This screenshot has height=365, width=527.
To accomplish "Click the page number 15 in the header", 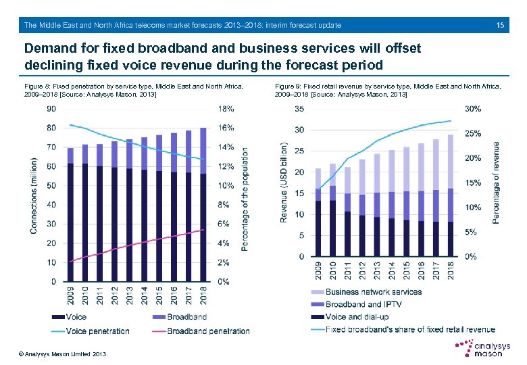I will pos(500,25).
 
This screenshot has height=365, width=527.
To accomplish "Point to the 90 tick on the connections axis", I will pos(51,108).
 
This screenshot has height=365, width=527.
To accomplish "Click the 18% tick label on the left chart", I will pos(226,108).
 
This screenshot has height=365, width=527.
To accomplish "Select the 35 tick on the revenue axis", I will pos(300,109).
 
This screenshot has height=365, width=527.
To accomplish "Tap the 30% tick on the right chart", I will pos(474,109).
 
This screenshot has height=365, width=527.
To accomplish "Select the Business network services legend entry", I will pos(373,292).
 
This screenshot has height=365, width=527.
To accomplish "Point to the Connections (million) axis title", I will pos(34,196).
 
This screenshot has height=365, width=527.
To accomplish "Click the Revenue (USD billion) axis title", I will pos(284,182).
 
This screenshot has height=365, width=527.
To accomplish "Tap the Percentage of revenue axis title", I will pos(497,182).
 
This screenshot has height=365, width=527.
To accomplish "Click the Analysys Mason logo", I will pos(480,347).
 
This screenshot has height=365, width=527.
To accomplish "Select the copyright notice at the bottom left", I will pos(63,354).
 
